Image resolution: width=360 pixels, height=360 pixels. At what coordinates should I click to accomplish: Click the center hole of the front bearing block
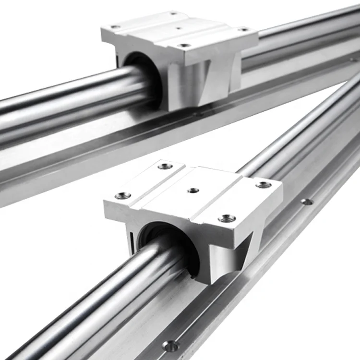click(x=193, y=191)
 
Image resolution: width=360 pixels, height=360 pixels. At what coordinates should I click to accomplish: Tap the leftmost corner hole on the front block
click(x=123, y=195)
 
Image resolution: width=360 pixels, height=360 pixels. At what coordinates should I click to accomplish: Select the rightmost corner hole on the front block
click(x=263, y=185)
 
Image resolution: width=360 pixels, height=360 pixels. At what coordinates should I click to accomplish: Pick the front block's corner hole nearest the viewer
click(x=227, y=218)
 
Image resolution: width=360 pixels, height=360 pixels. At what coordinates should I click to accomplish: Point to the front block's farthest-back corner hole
click(x=165, y=166)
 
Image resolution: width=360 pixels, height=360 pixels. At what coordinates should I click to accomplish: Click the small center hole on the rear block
click(x=178, y=28)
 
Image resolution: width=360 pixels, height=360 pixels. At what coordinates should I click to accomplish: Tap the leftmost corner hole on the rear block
click(x=115, y=27)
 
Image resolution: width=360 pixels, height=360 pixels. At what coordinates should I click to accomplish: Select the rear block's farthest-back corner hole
click(x=173, y=13)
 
